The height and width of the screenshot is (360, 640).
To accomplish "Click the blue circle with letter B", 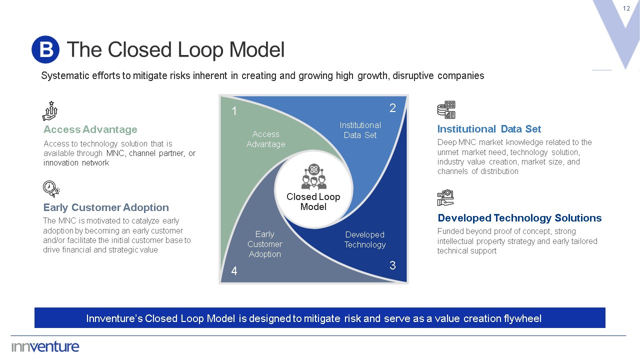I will pos(45,49).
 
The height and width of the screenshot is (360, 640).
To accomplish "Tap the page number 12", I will pos(626,8).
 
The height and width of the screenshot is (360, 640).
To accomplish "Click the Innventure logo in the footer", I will pos(45,346).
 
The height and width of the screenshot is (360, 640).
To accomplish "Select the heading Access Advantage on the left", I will pos(90,129).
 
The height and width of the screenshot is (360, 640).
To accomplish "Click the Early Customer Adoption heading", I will pos(106,207).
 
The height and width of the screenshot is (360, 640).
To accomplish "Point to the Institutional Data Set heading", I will pos(489,129).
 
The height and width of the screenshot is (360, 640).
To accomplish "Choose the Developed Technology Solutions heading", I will pos(519,218).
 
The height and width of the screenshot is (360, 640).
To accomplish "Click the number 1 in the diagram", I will pos(234,111).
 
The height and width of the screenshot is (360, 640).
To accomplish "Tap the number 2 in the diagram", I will pos(392,108).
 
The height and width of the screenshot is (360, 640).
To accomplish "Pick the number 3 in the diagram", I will pos(392,265).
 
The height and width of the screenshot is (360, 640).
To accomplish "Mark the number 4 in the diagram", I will pos(234,271).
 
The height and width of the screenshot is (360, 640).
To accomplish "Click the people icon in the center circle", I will pos(313,176).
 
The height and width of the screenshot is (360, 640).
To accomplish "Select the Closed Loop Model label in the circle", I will pos(313,201).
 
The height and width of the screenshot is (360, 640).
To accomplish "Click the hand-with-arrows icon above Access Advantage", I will pos(50,111).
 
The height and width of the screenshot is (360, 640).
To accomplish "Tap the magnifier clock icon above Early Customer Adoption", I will pos(51,189).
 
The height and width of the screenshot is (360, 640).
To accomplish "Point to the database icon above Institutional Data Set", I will pos(446,110).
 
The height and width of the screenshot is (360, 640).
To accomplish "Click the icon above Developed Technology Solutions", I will pos(445,198).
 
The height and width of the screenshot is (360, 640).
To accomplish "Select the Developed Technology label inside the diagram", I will pos(365,239).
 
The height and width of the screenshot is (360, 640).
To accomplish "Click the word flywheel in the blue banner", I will pos(522,318).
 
